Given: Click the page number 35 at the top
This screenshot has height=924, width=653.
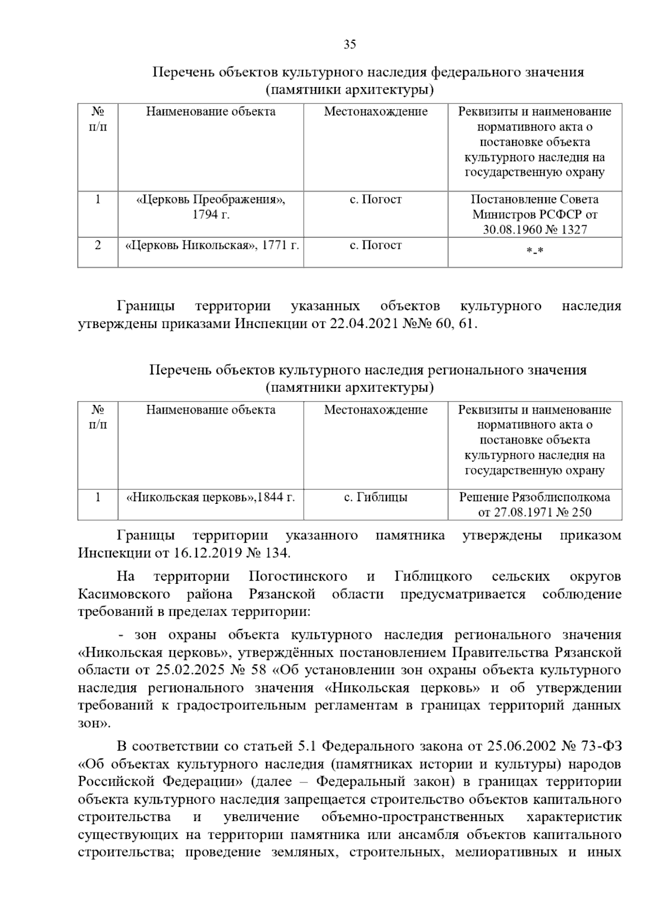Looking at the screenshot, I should [x=349, y=45].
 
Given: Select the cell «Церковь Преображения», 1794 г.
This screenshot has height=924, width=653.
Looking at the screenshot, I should [x=211, y=207].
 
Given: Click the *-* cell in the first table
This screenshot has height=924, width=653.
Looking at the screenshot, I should [x=535, y=250].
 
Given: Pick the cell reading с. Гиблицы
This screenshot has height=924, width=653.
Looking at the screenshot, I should [x=375, y=497].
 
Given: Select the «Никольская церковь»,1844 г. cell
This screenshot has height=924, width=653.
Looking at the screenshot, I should [x=211, y=497].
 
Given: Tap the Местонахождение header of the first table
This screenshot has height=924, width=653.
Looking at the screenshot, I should [x=375, y=112].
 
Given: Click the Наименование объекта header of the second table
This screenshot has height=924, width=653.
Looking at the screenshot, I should [x=211, y=409].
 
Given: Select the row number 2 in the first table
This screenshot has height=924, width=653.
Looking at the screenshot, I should [x=98, y=245].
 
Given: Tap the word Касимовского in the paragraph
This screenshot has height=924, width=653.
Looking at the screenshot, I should [x=124, y=594].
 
